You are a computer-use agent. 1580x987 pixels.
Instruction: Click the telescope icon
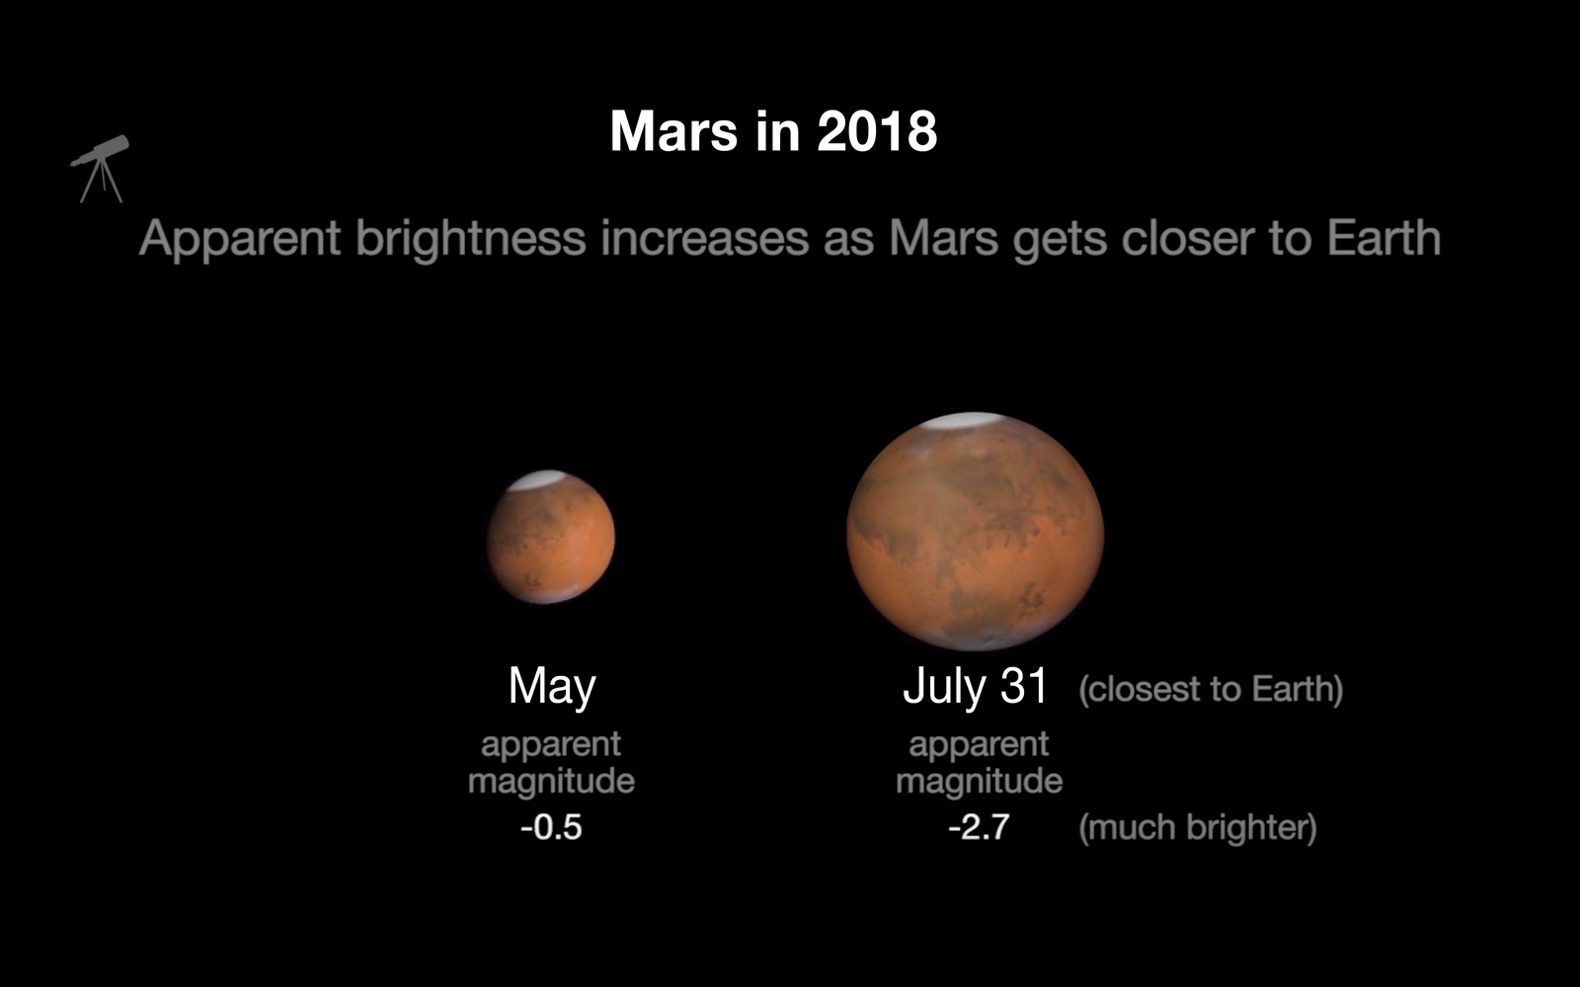(x=100, y=169)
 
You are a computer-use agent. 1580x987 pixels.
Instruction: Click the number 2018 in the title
(x=878, y=131)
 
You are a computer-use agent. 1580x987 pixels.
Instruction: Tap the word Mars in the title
(x=673, y=131)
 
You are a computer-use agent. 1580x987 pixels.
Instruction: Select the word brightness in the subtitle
(x=470, y=238)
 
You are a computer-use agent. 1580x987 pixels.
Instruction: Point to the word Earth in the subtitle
(x=1383, y=238)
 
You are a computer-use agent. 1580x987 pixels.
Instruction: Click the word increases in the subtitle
(x=705, y=238)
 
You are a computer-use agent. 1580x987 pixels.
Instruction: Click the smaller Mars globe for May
(x=551, y=537)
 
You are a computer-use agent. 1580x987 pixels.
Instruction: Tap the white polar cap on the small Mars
(x=537, y=480)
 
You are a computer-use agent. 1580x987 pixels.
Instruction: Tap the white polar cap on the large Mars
(x=963, y=421)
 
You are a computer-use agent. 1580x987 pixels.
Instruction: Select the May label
(x=552, y=686)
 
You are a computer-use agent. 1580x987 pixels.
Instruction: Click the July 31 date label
(x=975, y=686)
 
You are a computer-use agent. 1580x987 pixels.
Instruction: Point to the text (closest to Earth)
(x=1211, y=689)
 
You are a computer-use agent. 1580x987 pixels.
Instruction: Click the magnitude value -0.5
(x=551, y=827)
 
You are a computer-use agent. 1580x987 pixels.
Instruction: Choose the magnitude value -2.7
(x=979, y=827)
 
